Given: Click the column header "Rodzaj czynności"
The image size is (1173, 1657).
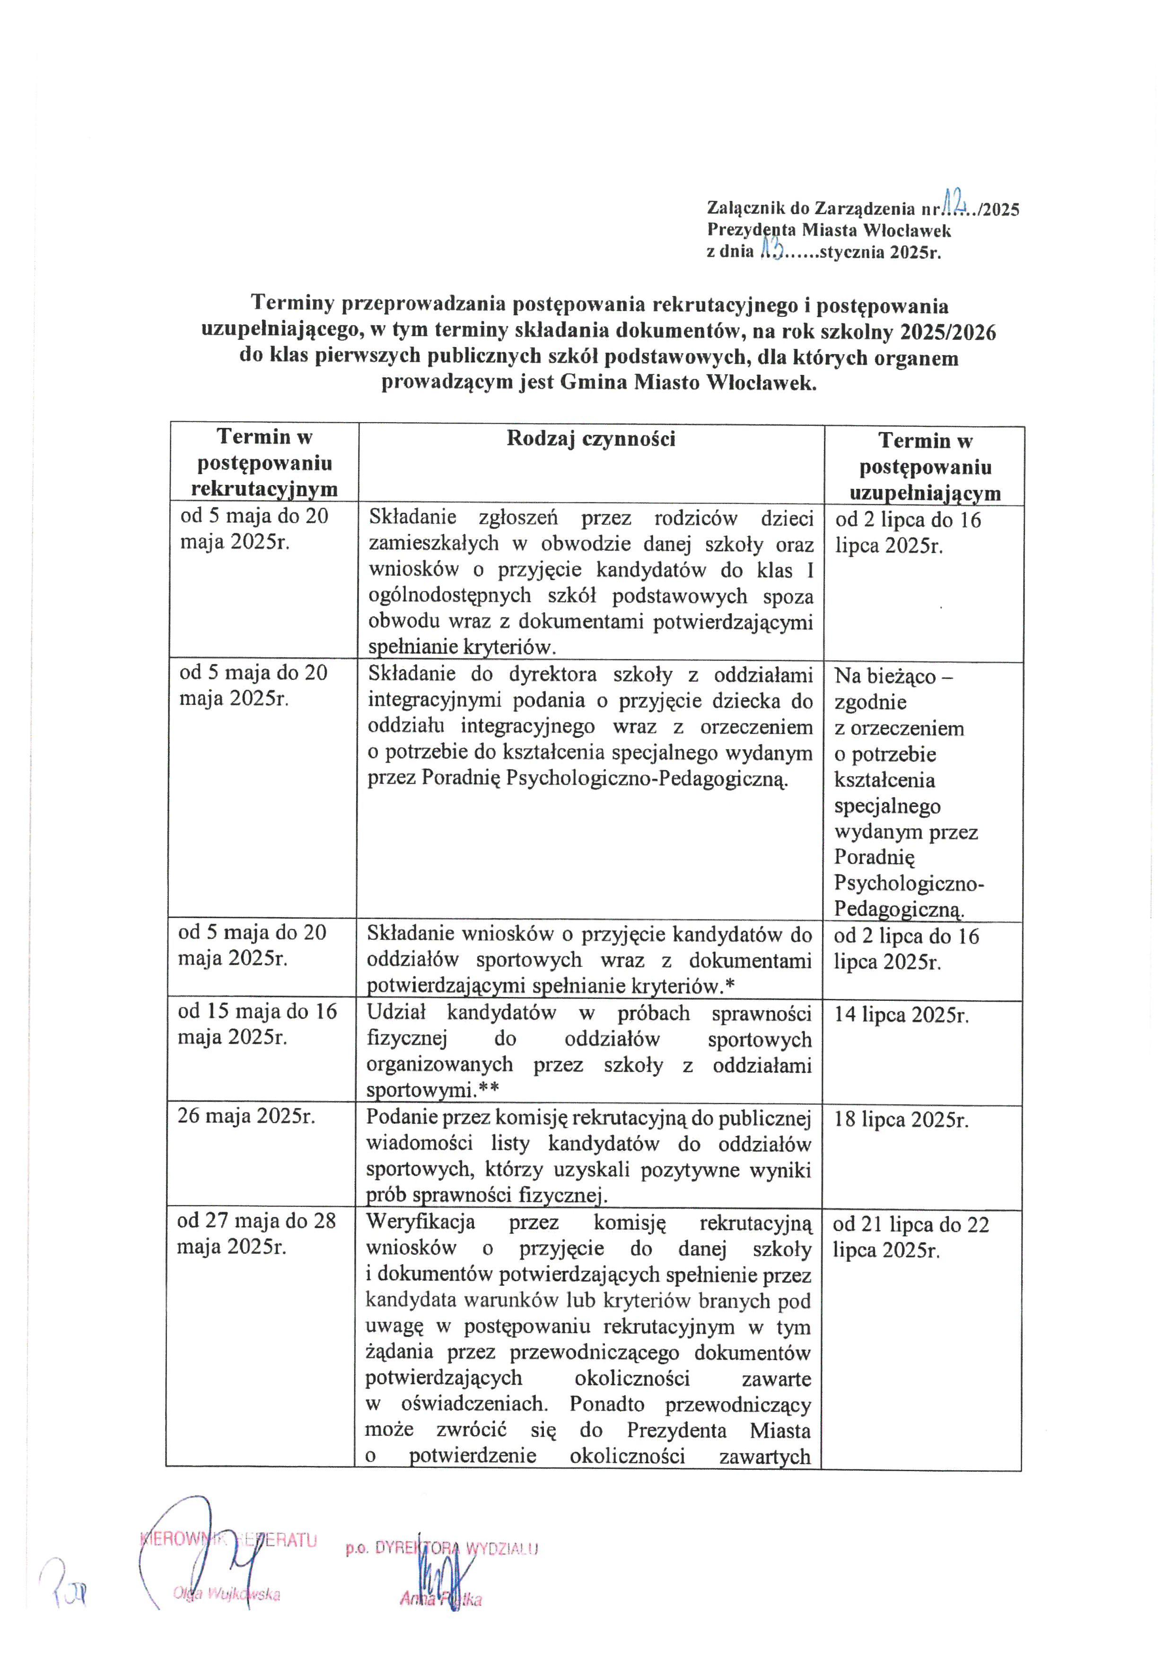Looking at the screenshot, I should [x=591, y=439].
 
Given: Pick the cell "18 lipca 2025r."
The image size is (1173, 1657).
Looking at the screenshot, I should [x=901, y=1120].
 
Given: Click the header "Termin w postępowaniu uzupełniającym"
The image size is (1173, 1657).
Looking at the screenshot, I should [x=925, y=467].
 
